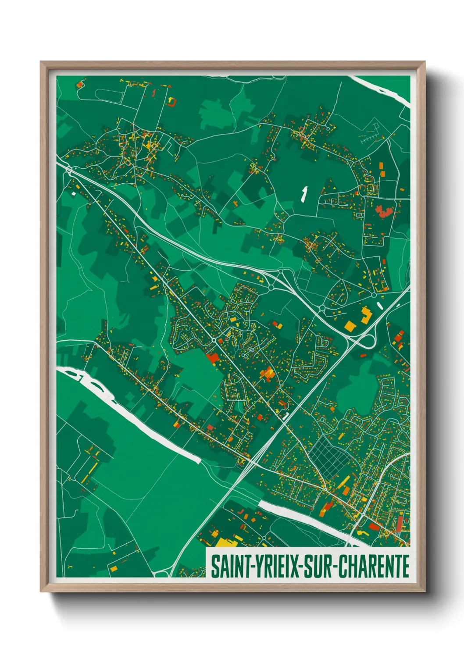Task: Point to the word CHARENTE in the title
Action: coord(373,566)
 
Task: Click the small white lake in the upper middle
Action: coord(303,193)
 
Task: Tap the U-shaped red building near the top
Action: coord(171,102)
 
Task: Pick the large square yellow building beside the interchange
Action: coord(350,326)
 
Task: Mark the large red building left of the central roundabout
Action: coord(213,357)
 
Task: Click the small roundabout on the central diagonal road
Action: coord(214,340)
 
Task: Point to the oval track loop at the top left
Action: coord(105,94)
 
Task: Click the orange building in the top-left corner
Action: coord(80,83)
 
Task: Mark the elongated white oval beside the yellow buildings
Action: coord(380,305)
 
